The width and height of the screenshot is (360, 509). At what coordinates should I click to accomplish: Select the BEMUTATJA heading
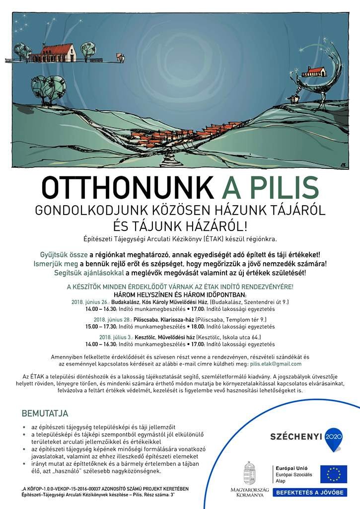click(45, 413)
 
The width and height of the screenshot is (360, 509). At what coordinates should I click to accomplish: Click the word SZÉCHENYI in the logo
click(295, 438)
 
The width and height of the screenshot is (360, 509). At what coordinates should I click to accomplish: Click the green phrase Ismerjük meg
click(55, 264)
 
